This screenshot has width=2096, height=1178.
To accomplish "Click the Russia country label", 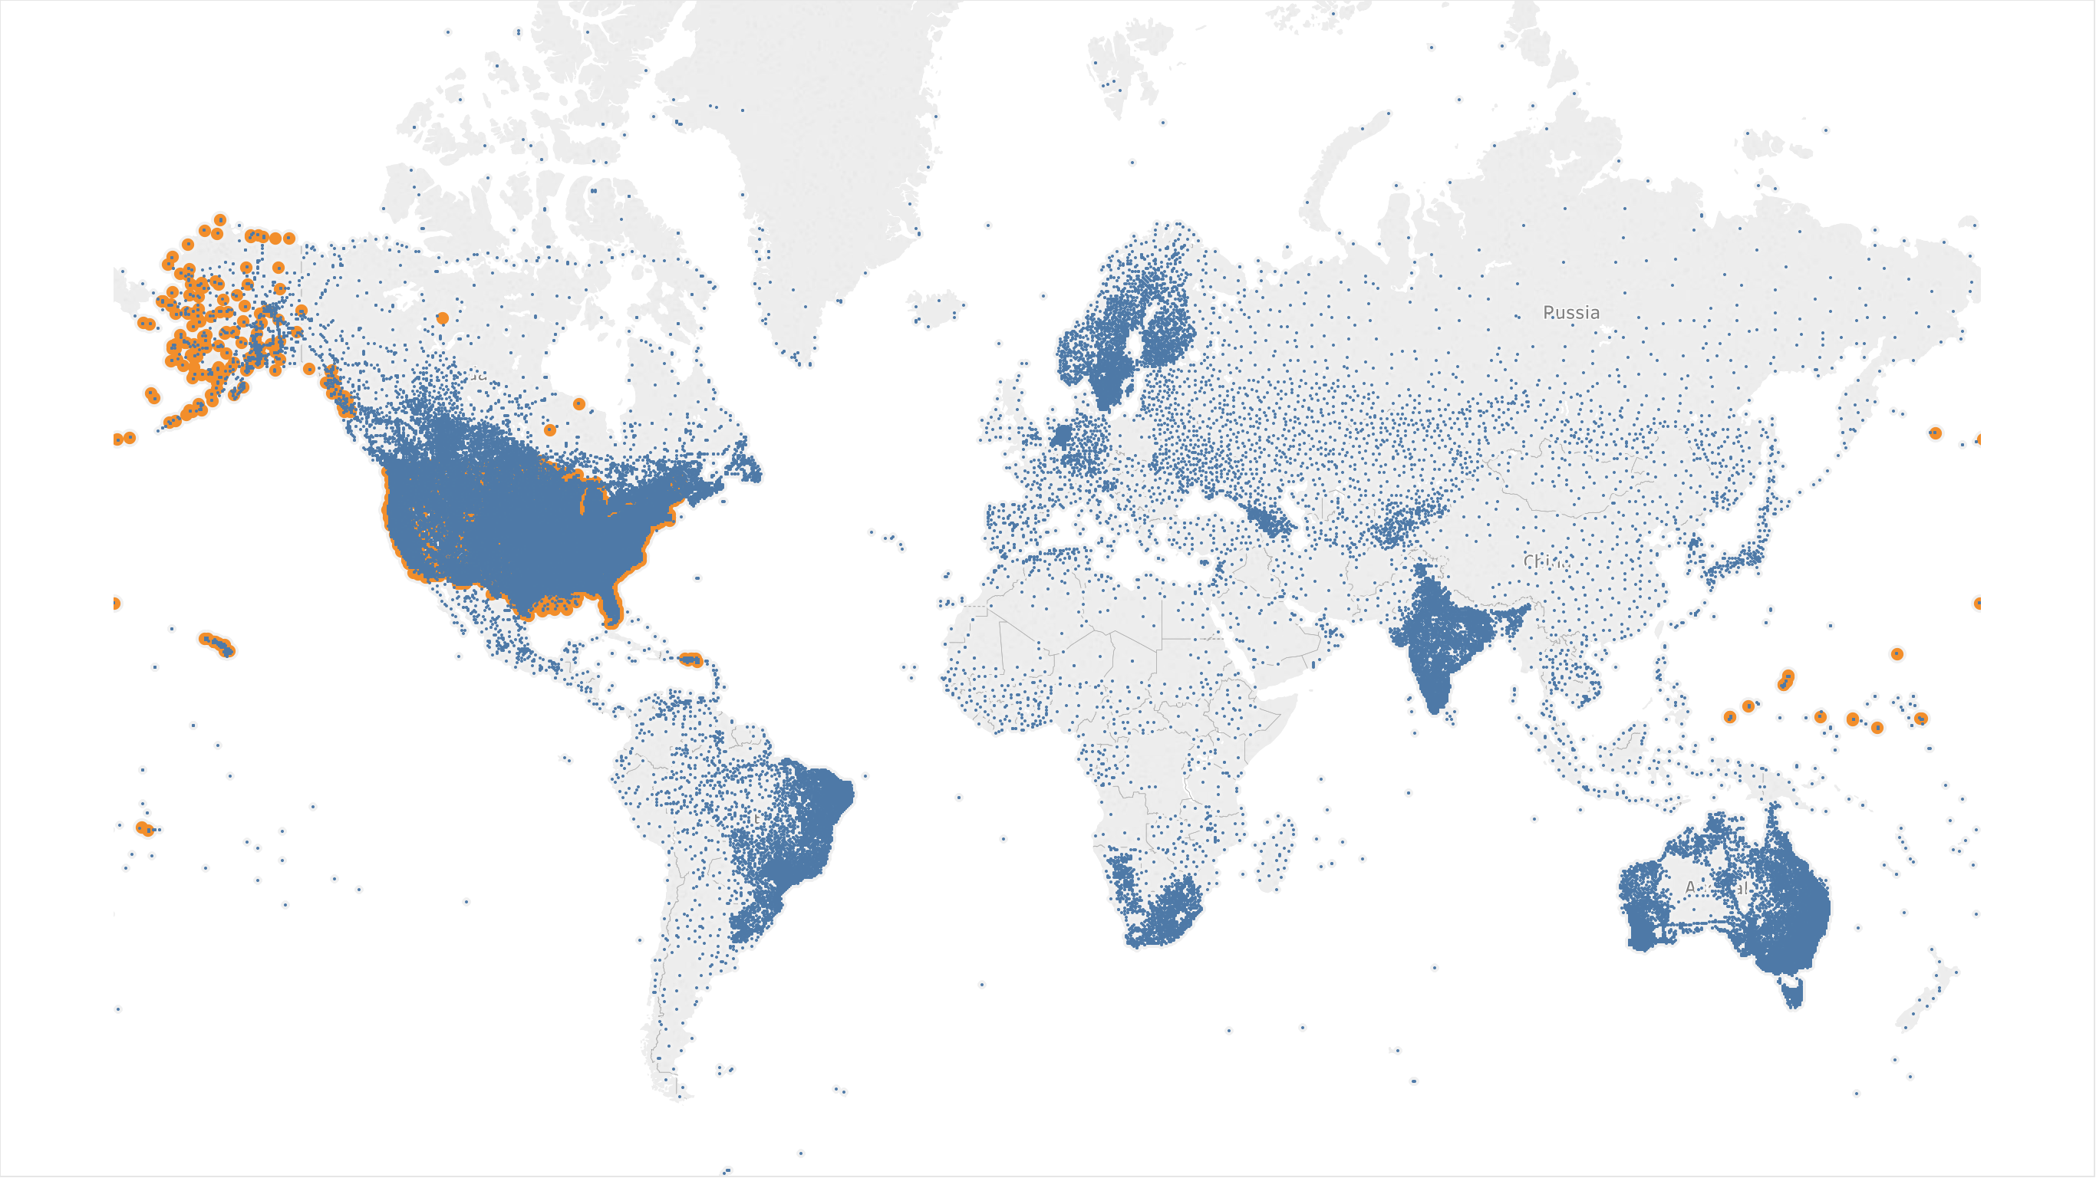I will [x=1571, y=312].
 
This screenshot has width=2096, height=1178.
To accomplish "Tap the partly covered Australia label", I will [x=1717, y=887].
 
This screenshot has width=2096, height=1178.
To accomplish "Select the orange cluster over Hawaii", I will [x=216, y=643].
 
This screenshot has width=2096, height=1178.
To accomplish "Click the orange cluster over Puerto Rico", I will [x=690, y=659].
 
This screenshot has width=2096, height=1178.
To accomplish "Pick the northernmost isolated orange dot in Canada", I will [x=443, y=318].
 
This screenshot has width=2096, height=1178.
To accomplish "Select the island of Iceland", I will [x=938, y=308].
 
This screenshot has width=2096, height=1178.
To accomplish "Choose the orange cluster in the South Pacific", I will [x=145, y=829].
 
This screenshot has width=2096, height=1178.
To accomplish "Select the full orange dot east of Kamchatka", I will [x=1935, y=433].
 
